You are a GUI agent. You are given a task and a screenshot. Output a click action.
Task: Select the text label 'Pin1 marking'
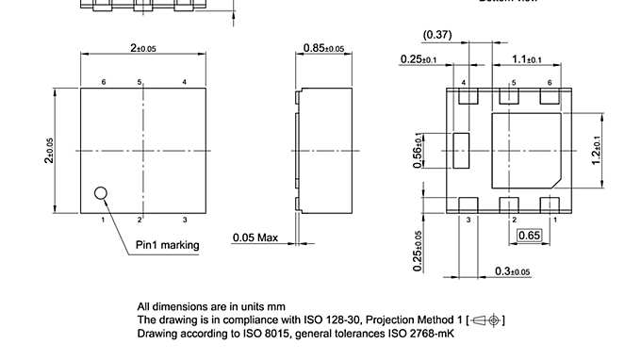click(x=167, y=245)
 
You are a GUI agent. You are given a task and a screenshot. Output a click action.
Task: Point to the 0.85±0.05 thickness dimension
click(x=323, y=48)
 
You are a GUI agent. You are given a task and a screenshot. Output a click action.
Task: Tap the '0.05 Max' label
click(x=255, y=237)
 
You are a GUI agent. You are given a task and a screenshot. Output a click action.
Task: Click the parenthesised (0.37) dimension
click(x=436, y=35)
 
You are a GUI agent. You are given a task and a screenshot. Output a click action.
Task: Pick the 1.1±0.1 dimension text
click(x=526, y=59)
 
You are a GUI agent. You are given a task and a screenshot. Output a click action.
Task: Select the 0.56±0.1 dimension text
click(x=419, y=151)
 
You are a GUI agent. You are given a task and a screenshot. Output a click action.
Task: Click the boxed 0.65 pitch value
click(x=530, y=235)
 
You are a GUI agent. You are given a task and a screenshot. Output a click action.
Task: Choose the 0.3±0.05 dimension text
click(x=513, y=271)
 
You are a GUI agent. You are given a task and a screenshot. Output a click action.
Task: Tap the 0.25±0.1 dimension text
click(x=418, y=59)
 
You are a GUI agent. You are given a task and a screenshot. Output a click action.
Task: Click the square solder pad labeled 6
click(x=550, y=96)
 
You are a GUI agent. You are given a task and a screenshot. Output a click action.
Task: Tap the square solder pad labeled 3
click(x=467, y=205)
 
